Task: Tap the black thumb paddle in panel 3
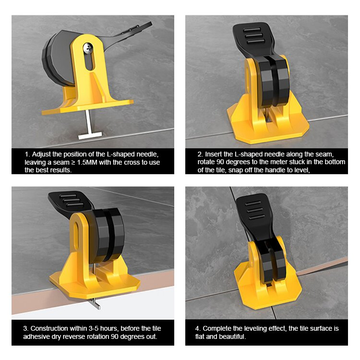(x=67, y=201)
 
